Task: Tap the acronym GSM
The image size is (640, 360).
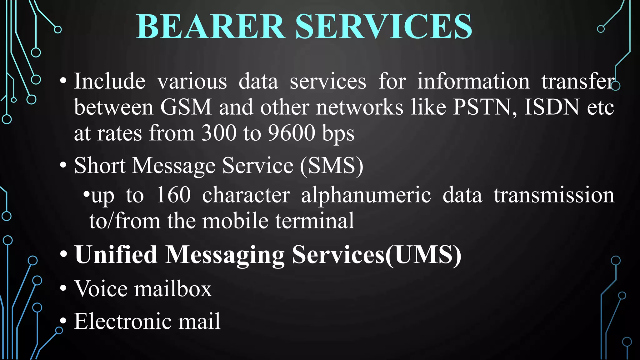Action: [186, 107]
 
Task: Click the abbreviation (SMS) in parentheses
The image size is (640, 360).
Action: [332, 165]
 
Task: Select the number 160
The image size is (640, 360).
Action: [173, 195]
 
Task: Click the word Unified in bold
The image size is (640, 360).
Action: [116, 254]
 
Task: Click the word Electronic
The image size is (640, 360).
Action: [122, 321]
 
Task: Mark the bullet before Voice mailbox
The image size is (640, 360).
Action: [63, 288]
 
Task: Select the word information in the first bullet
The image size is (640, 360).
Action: [473, 81]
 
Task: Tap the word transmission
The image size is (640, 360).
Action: [554, 195]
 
